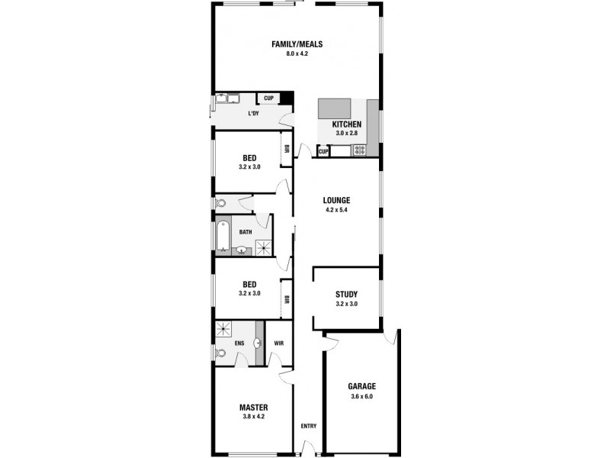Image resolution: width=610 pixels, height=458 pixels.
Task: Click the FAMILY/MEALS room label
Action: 297,44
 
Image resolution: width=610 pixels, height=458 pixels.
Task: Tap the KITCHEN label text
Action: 346,124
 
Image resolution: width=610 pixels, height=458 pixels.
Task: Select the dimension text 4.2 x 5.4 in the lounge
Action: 335,210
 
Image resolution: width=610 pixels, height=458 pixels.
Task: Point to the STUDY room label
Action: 346,295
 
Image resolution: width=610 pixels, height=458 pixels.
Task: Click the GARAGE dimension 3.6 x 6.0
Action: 361,397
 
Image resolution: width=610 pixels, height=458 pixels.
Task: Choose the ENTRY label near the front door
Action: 308,426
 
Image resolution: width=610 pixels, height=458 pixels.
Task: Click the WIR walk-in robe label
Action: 278,343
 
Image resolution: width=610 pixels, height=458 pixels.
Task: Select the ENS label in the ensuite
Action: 239,343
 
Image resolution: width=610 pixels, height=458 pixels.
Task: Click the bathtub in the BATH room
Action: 223,237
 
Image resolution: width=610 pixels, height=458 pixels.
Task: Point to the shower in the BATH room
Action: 263,247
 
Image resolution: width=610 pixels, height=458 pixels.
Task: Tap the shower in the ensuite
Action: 224,329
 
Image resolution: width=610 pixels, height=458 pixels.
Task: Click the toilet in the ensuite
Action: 221,353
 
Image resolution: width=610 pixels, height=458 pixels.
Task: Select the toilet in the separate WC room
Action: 220,203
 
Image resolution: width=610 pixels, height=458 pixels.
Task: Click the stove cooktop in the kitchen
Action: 358,150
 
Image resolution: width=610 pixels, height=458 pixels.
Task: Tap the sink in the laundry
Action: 226,98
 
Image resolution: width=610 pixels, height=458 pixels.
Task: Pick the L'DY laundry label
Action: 253,114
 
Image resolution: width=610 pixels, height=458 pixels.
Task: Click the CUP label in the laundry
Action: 268,98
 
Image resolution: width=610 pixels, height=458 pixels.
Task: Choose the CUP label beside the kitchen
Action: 323,151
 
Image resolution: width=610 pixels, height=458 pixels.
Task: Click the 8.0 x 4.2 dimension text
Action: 297,54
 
